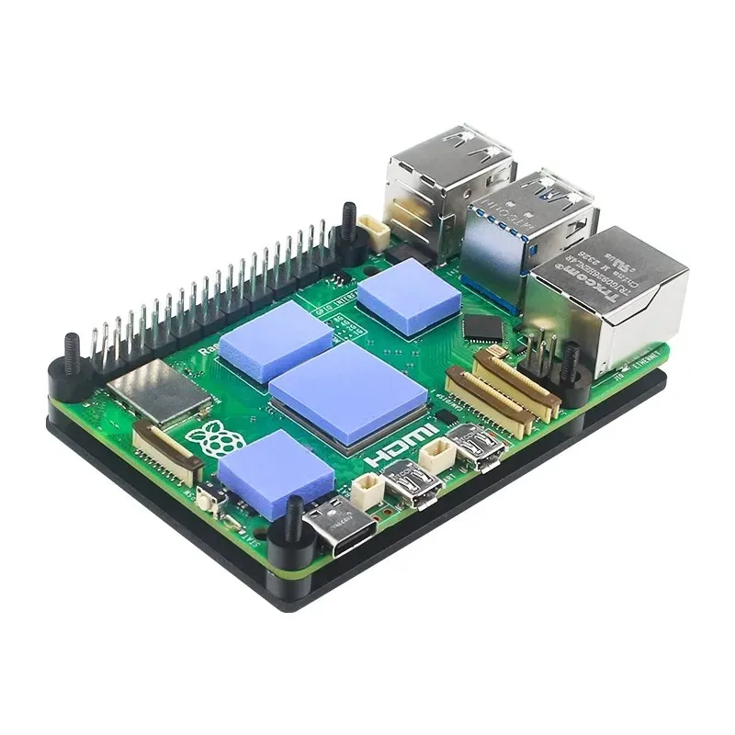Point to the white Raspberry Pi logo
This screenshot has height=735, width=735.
tap(213, 442)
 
